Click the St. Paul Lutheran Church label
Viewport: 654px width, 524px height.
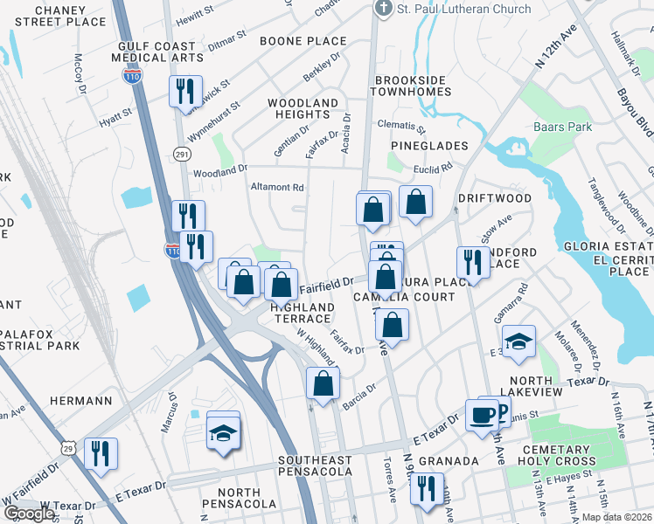[x=463, y=10]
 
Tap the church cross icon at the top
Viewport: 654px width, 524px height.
[x=382, y=9]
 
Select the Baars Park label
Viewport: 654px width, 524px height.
[x=562, y=127]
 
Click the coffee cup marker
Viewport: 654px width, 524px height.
[x=481, y=414]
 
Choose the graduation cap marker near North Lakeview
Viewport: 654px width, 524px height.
[x=518, y=341]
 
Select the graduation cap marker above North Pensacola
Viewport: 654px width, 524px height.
[x=223, y=430]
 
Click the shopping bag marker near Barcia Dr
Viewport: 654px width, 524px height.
[x=323, y=383]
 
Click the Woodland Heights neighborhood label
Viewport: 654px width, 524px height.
[x=303, y=109]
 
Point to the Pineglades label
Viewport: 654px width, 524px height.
[x=429, y=146]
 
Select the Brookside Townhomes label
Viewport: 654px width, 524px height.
[x=411, y=86]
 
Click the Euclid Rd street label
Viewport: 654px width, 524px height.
[x=435, y=166]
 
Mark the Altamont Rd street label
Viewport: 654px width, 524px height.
[x=277, y=187]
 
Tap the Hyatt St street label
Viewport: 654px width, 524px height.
[x=115, y=113]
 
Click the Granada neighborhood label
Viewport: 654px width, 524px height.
[x=448, y=460]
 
